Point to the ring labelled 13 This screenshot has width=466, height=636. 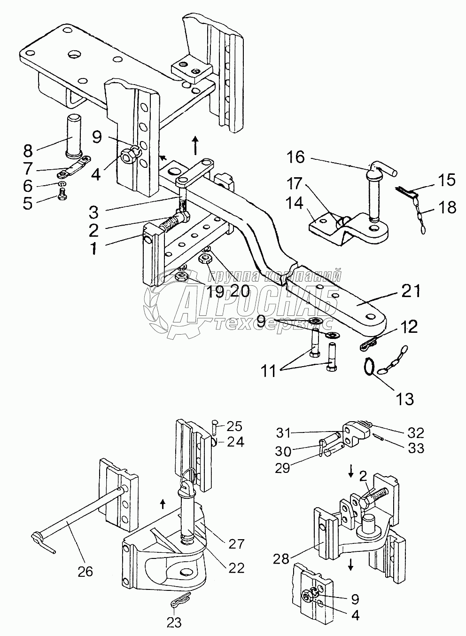[x=370, y=367]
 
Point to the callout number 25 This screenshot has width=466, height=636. [x=234, y=426]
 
